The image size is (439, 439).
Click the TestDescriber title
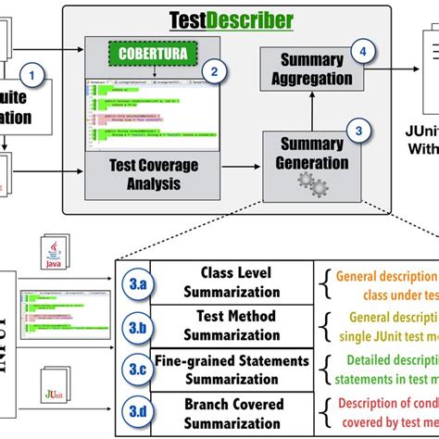232,20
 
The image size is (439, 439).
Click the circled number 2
214,70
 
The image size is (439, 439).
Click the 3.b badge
136,329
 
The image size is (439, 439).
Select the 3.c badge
136,370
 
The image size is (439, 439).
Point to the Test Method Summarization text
235,324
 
